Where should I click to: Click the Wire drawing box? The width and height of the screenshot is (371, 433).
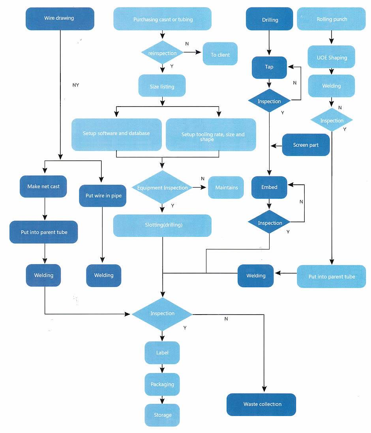point(60,19)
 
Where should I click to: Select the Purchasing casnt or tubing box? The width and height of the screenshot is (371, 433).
point(162,19)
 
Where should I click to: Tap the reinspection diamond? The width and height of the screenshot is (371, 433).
point(162,52)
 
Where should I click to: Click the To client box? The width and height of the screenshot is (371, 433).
point(220,54)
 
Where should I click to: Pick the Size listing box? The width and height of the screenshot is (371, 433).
point(162,86)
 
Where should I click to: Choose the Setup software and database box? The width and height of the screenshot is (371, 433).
point(116,135)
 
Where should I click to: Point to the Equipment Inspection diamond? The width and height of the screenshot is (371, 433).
point(162,187)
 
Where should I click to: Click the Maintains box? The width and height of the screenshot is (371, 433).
point(226,187)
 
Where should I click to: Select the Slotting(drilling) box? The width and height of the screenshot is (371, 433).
point(162,225)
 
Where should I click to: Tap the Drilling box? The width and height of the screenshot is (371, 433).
point(270,19)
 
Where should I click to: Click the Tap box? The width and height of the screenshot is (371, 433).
point(269,67)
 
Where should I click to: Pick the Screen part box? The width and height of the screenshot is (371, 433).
point(306,145)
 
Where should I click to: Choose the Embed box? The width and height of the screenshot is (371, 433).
point(269,187)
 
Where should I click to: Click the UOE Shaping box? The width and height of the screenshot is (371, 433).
point(331,57)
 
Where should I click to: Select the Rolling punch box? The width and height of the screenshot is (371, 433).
point(331,19)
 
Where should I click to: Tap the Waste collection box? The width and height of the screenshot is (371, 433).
point(261,405)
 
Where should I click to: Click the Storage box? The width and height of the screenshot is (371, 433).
point(162,415)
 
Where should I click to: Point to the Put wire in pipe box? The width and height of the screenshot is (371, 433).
point(103,196)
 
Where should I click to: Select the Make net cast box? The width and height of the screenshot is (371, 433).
point(43,186)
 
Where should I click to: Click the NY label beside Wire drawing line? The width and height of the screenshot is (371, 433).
point(76,85)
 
